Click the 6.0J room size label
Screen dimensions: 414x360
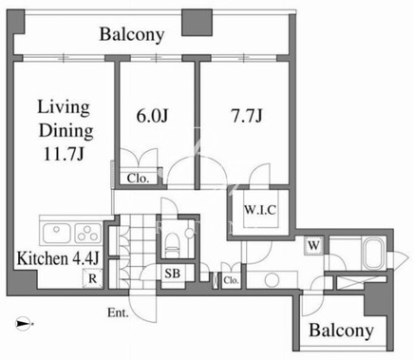[x=152, y=116]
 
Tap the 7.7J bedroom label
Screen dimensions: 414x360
[x=247, y=116]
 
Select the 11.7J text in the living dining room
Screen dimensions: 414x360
[x=64, y=155]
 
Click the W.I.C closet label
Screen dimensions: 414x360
[x=260, y=210]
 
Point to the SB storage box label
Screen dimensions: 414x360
[x=172, y=274]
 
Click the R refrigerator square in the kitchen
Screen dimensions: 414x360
[x=92, y=278]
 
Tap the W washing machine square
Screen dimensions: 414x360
[x=313, y=245]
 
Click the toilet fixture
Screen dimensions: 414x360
[x=173, y=243]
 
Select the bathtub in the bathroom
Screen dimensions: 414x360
[x=374, y=253]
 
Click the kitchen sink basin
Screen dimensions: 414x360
[x=56, y=234]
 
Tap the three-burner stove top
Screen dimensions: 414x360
[x=88, y=234]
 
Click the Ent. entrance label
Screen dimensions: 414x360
[x=118, y=313]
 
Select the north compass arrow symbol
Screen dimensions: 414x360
[x=25, y=323]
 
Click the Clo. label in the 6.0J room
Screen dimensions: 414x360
[x=138, y=179]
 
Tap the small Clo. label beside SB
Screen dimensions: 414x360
[x=231, y=280]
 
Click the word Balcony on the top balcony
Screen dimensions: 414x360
[x=132, y=34]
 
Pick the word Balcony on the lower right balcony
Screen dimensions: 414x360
[x=341, y=331]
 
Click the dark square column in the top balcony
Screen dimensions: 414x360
[x=197, y=22]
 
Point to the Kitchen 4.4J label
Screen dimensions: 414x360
[x=58, y=258]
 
